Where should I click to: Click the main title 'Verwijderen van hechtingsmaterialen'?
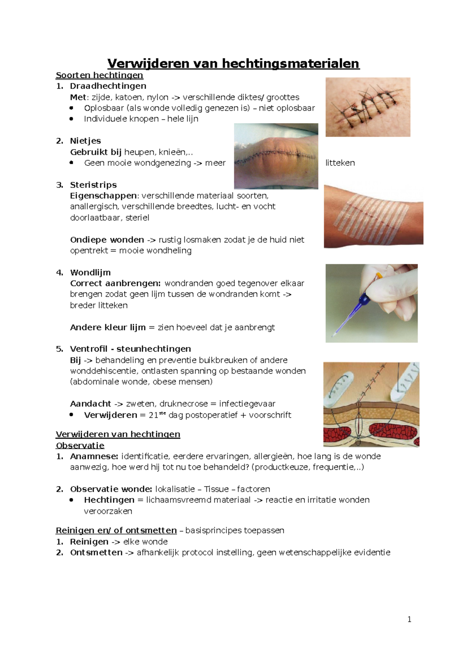(x=233, y=63)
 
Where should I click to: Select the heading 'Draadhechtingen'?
(x=108, y=86)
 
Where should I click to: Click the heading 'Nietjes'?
(x=85, y=141)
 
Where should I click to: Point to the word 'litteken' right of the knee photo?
(x=340, y=163)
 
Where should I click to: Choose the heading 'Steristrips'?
(x=93, y=185)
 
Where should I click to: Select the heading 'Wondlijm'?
(x=90, y=272)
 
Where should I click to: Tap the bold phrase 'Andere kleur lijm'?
(x=107, y=327)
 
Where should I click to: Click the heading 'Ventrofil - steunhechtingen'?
(x=130, y=349)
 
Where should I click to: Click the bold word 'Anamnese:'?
(x=94, y=456)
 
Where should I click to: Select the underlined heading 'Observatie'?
(x=80, y=445)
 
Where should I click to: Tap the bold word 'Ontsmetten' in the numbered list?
(x=96, y=553)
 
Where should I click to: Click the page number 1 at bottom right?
(x=409, y=619)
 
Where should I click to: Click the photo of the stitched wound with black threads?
(x=367, y=107)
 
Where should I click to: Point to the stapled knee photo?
(x=276, y=156)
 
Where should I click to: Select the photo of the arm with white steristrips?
(x=373, y=216)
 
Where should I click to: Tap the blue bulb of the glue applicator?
(x=364, y=299)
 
